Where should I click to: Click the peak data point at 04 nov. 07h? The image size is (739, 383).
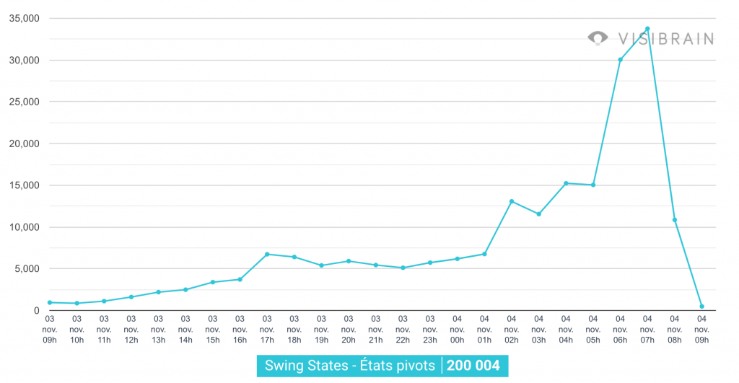point(647,29)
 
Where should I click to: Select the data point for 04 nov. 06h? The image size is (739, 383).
point(620,59)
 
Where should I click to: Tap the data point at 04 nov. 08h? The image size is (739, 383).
point(675,220)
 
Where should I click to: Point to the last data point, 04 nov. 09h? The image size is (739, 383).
point(701,307)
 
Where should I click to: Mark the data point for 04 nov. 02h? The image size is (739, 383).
point(512,201)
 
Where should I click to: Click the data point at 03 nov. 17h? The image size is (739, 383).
point(267,254)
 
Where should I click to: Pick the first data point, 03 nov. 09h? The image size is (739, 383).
point(49,303)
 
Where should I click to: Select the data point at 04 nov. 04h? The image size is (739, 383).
point(566,183)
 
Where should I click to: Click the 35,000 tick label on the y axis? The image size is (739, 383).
point(25,19)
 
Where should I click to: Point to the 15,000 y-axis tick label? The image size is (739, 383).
point(25,185)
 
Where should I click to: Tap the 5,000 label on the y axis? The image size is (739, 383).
point(27,269)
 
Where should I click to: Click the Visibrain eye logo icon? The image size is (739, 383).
point(598,38)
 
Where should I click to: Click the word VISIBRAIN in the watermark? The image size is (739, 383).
point(665,38)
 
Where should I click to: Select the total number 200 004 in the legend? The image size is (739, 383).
point(473,365)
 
